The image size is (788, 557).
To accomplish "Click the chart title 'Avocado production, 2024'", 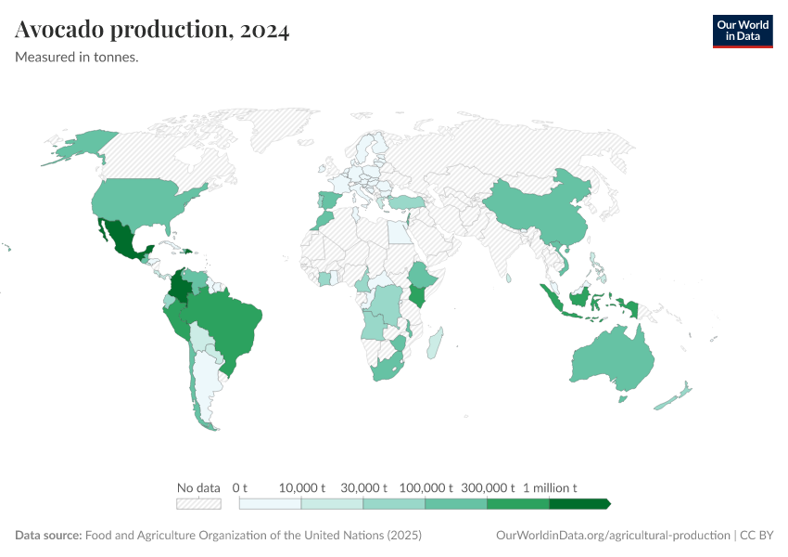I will pos(152,31).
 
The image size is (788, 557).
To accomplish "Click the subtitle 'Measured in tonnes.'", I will pos(77,58).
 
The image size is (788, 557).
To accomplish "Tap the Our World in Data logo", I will pos(742,31).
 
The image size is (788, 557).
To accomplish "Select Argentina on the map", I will pos(206,381).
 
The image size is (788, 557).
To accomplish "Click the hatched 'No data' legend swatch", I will pos(198,504).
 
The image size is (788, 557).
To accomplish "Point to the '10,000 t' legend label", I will pos(302,487).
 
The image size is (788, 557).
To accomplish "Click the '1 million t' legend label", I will pos(550,487).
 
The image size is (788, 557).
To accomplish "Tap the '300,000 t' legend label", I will pos(488,487).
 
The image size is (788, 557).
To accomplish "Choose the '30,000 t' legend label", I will pos(363,487).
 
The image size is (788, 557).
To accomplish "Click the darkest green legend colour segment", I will pos(579,504).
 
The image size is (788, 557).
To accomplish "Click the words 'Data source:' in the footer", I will pos(48,536).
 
